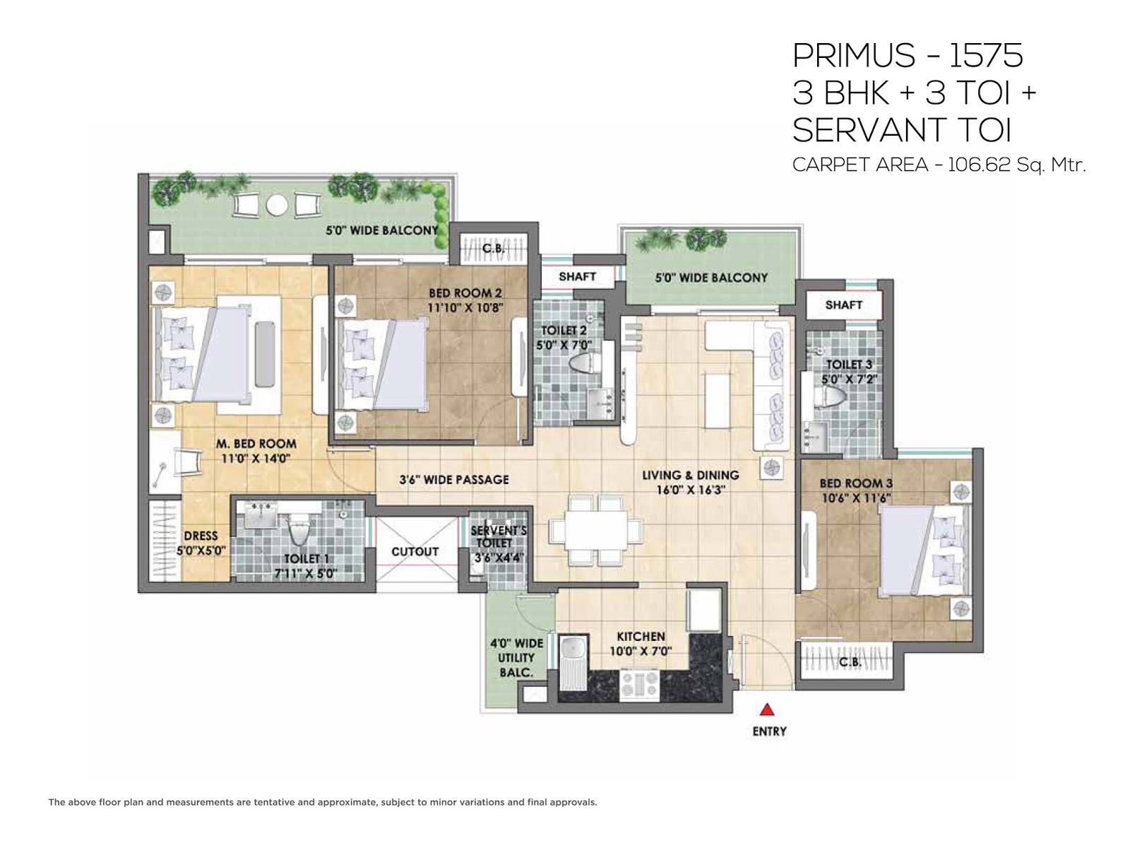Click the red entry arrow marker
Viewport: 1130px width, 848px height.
[x=768, y=709]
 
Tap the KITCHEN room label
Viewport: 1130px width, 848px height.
[x=641, y=636]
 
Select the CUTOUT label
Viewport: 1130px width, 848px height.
[x=415, y=551]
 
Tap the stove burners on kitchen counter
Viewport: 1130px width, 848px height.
[x=639, y=683]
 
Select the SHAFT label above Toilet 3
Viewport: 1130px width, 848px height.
[x=844, y=305]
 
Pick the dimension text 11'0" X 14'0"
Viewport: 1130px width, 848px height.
[x=256, y=458]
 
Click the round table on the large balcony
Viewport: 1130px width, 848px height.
[x=277, y=205]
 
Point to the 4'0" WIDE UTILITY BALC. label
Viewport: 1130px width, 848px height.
[x=516, y=657]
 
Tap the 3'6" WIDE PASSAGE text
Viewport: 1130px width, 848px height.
[x=454, y=480]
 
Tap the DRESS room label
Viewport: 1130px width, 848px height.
[x=201, y=536]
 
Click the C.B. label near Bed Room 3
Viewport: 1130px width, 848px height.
[x=850, y=662]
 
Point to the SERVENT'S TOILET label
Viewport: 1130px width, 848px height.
[x=497, y=536]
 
